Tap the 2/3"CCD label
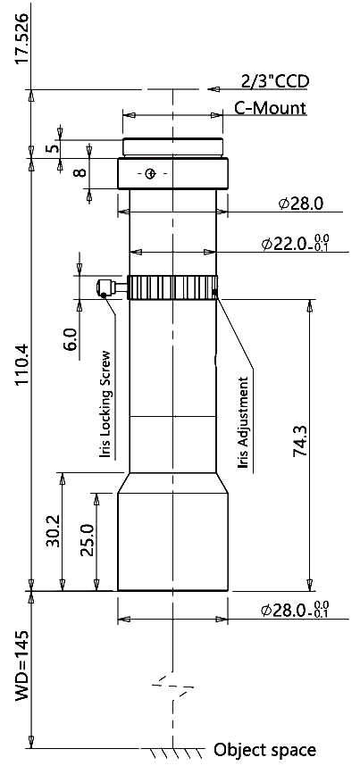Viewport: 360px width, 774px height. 275,82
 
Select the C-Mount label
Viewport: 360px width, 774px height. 270,108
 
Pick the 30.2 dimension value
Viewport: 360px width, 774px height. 53,530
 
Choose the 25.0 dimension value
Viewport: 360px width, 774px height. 88,540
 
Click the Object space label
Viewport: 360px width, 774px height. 264,750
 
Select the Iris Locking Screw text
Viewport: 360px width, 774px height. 105,404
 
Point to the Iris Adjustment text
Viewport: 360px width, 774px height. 244,423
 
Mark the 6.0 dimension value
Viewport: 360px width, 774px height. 71,339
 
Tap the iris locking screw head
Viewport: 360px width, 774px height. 105,287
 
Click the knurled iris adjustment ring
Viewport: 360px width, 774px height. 172,287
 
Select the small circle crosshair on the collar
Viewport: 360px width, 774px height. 151,173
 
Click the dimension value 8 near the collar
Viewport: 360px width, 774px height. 80,173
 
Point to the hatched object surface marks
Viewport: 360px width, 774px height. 174,753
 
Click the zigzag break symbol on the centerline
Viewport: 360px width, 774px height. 172,687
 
